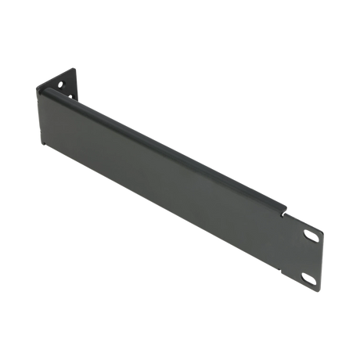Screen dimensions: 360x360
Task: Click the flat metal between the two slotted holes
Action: point(308,257)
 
